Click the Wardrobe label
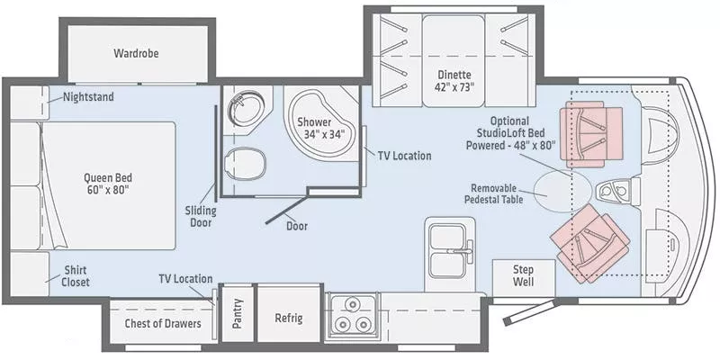(136, 53)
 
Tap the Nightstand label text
(88, 96)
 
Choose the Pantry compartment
(238, 313)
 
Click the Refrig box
(289, 319)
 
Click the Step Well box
(523, 275)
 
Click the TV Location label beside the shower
(404, 156)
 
